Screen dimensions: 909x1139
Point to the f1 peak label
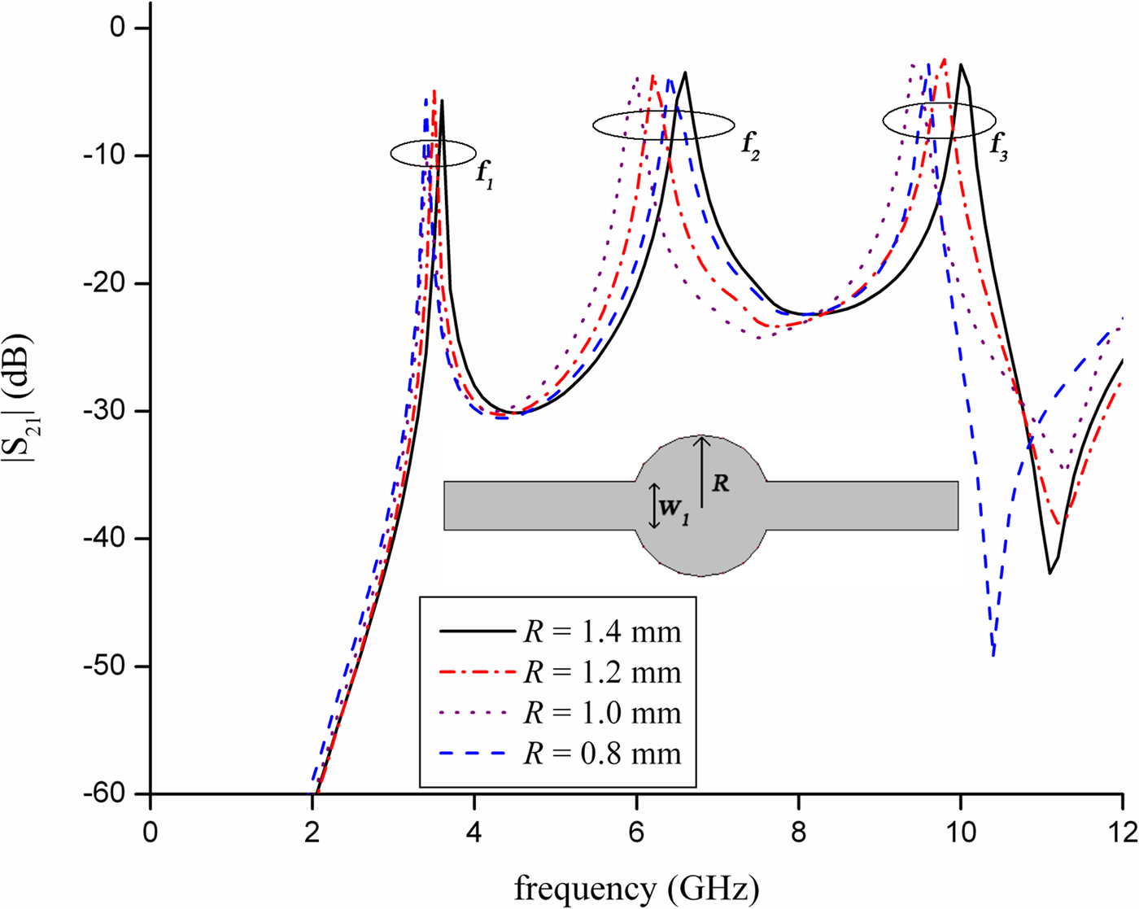tap(485, 174)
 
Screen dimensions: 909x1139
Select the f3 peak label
tap(999, 148)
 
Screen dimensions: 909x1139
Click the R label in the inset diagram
tap(720, 483)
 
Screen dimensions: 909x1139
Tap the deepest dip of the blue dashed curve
tap(993, 653)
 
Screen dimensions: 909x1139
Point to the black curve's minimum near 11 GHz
tap(1050, 574)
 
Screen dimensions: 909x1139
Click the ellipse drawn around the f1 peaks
tap(433, 153)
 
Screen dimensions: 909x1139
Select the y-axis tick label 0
tap(119, 28)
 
